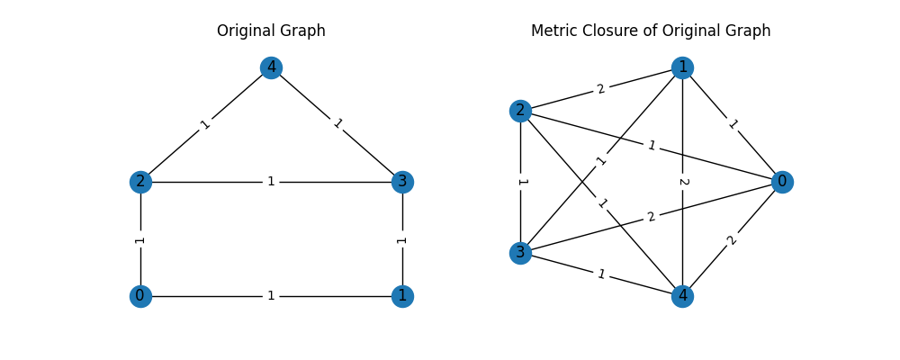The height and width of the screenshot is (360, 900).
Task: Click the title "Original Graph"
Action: coord(271,31)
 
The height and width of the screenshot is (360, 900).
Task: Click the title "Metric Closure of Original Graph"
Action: coord(651,31)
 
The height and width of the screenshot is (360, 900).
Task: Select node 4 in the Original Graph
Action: coord(271,67)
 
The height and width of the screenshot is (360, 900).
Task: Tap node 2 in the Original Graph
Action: coord(140,182)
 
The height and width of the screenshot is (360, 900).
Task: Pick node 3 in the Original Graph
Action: coord(402,182)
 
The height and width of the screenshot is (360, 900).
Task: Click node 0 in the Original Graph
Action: coord(140,296)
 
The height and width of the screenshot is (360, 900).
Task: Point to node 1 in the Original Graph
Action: coord(402,296)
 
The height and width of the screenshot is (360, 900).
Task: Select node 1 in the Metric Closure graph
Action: coord(682,67)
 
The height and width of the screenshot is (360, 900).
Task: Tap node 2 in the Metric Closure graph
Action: coord(519,111)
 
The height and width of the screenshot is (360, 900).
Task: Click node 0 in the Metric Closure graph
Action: coord(782,182)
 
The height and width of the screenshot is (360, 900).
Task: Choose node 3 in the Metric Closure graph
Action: coord(519,253)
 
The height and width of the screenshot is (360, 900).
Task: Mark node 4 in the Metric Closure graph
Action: coord(682,296)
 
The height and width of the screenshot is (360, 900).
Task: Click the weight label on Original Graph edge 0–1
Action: coord(271,296)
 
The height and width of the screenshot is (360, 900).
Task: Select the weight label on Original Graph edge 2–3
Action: coord(271,182)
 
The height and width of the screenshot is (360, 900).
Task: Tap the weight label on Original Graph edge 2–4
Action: coord(205,125)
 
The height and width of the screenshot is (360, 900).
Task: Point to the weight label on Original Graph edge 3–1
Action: coord(402,239)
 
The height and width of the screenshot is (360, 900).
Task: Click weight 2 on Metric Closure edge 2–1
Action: coord(601,89)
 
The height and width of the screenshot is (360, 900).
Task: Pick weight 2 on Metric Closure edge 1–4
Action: coord(682,182)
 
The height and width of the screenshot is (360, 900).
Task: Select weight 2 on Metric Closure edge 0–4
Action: coord(733,239)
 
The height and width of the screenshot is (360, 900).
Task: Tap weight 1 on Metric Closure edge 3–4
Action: coord(601,274)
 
